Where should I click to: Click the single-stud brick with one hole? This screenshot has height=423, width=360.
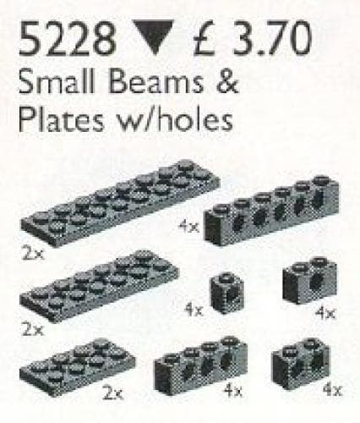(x=226, y=292)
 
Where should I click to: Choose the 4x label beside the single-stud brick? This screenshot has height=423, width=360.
(x=194, y=310)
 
